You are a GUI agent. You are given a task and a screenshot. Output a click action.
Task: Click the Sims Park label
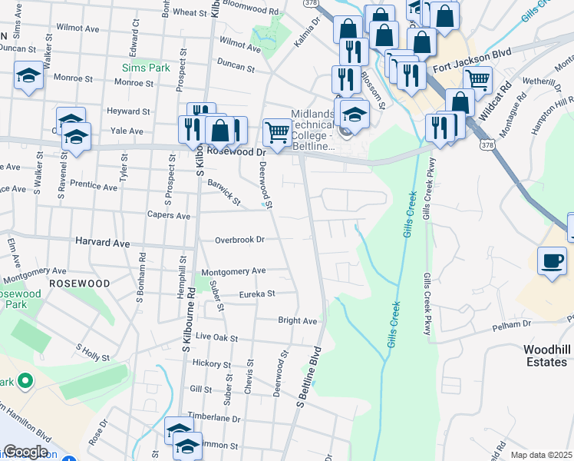(146, 68)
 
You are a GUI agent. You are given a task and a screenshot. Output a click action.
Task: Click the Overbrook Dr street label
(239, 240)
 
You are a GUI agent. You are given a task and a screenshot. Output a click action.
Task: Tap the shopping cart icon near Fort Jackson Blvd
(478, 78)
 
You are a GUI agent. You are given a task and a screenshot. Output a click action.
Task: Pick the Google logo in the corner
(26, 452)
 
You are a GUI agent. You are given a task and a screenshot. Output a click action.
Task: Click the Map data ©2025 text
(541, 455)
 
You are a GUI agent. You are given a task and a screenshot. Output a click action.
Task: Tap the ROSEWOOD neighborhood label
(79, 284)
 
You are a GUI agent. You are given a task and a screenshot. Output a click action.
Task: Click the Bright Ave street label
(298, 320)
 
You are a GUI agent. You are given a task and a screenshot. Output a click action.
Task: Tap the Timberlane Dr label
(216, 420)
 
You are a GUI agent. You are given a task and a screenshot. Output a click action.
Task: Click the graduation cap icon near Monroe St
(28, 76)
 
